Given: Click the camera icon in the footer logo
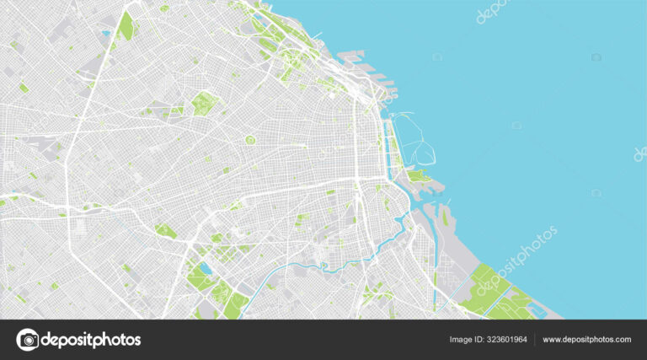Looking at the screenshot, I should pyautogui.click(x=28, y=340).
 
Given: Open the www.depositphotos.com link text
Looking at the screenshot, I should pyautogui.click(x=587, y=340).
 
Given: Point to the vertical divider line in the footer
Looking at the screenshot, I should pyautogui.click(x=535, y=340).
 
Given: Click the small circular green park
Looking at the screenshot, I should pyautogui.click(x=250, y=140).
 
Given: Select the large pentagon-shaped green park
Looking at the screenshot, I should pyautogui.click(x=205, y=104).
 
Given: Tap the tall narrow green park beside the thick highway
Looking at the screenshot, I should pyautogui.click(x=126, y=26).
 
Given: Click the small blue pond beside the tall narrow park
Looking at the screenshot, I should pyautogui.click(x=106, y=34).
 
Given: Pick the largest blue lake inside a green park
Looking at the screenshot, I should pyautogui.click(x=205, y=271).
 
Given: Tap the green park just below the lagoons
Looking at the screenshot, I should pyautogui.click(x=417, y=176).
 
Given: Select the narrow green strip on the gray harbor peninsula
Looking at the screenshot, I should pyautogui.click(x=436, y=278).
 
